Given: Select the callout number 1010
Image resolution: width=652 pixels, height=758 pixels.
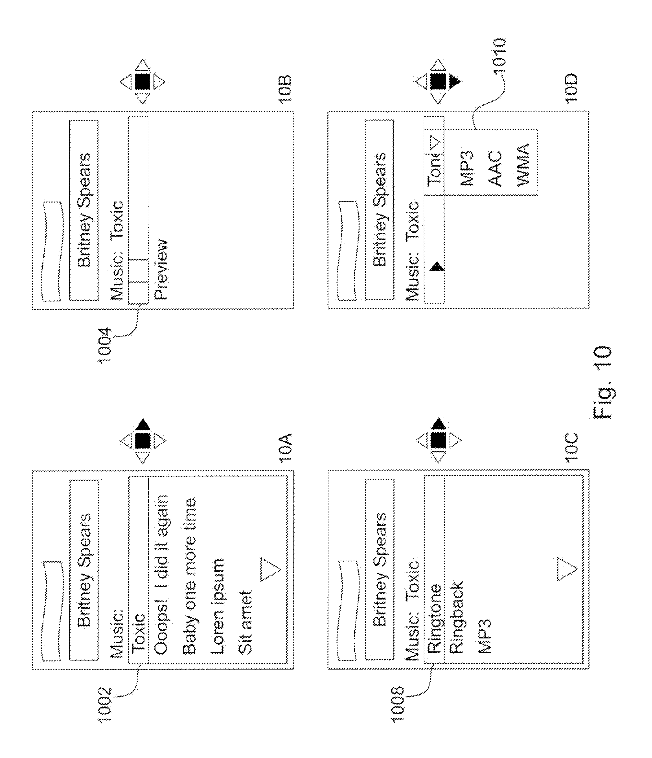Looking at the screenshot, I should (499, 55).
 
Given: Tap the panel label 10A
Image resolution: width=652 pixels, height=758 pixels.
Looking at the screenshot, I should (285, 448).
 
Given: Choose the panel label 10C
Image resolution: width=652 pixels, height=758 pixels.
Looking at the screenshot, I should (570, 448).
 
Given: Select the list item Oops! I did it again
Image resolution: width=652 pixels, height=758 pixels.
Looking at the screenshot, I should (161, 574).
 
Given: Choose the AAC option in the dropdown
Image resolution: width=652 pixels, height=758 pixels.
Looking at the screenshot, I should (496, 168).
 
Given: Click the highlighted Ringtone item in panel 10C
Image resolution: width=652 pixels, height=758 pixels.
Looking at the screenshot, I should (434, 618).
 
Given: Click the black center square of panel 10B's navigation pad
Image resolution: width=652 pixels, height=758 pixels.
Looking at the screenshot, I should (142, 82).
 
